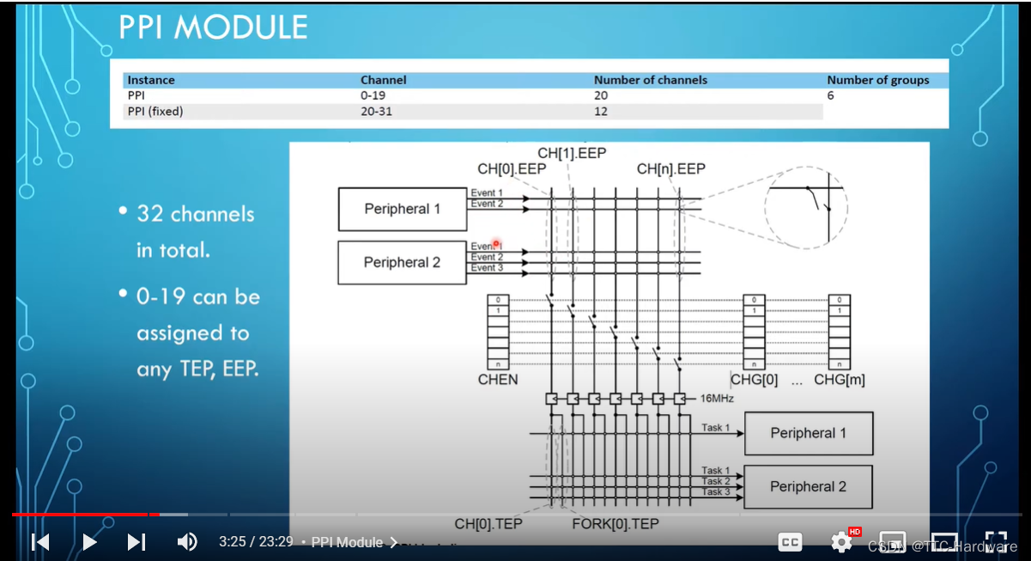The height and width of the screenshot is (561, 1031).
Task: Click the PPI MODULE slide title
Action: click(x=213, y=27)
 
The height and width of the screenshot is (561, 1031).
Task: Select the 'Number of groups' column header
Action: click(x=877, y=80)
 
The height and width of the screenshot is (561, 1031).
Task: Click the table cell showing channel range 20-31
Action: click(x=376, y=111)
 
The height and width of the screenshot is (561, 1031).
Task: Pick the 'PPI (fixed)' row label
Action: click(x=155, y=111)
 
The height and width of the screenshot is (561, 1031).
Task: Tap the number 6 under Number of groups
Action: click(x=830, y=95)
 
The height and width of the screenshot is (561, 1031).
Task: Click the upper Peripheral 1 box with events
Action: click(x=402, y=209)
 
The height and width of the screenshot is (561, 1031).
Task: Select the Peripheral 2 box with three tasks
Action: click(x=808, y=486)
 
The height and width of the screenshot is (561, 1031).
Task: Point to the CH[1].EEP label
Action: click(x=572, y=154)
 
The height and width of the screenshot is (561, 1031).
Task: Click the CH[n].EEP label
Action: click(x=670, y=169)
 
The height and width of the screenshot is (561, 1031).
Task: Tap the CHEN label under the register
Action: click(x=498, y=379)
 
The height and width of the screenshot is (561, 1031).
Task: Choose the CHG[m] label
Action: click(x=839, y=380)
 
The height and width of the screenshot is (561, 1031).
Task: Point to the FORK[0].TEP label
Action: click(x=615, y=524)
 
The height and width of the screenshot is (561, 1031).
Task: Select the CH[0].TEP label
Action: click(x=488, y=524)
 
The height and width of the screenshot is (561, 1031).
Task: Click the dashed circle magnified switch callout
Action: click(x=805, y=207)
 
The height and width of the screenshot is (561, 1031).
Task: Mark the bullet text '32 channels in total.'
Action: click(x=196, y=231)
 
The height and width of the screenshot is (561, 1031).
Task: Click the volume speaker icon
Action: click(x=186, y=542)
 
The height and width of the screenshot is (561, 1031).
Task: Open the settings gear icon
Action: click(x=840, y=542)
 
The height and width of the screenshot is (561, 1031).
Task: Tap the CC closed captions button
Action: click(x=790, y=542)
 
